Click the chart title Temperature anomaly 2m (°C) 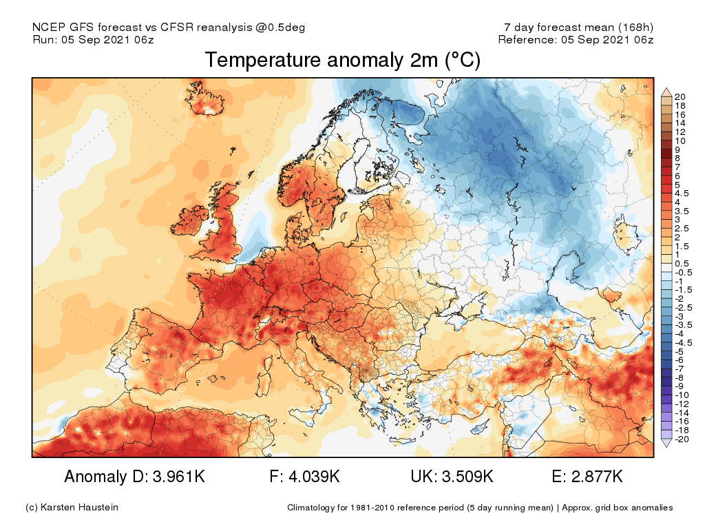(342, 61)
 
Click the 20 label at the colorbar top (680, 96)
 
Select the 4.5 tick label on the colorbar (682, 194)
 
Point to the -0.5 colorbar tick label (684, 272)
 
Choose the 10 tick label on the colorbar (680, 141)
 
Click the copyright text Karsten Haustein (78, 508)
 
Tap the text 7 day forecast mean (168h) (578, 28)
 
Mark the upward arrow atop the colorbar (666, 92)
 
